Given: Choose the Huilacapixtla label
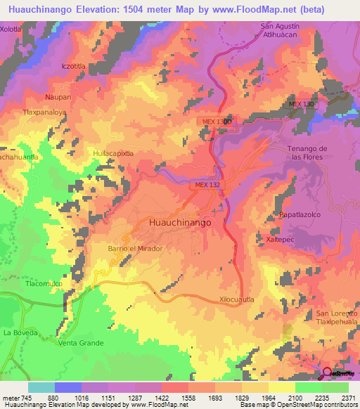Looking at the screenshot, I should point(113,152).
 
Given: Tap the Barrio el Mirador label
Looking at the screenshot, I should point(136,249).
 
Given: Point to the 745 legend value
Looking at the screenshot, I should point(25,397).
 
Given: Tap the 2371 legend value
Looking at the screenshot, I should point(348,397).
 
